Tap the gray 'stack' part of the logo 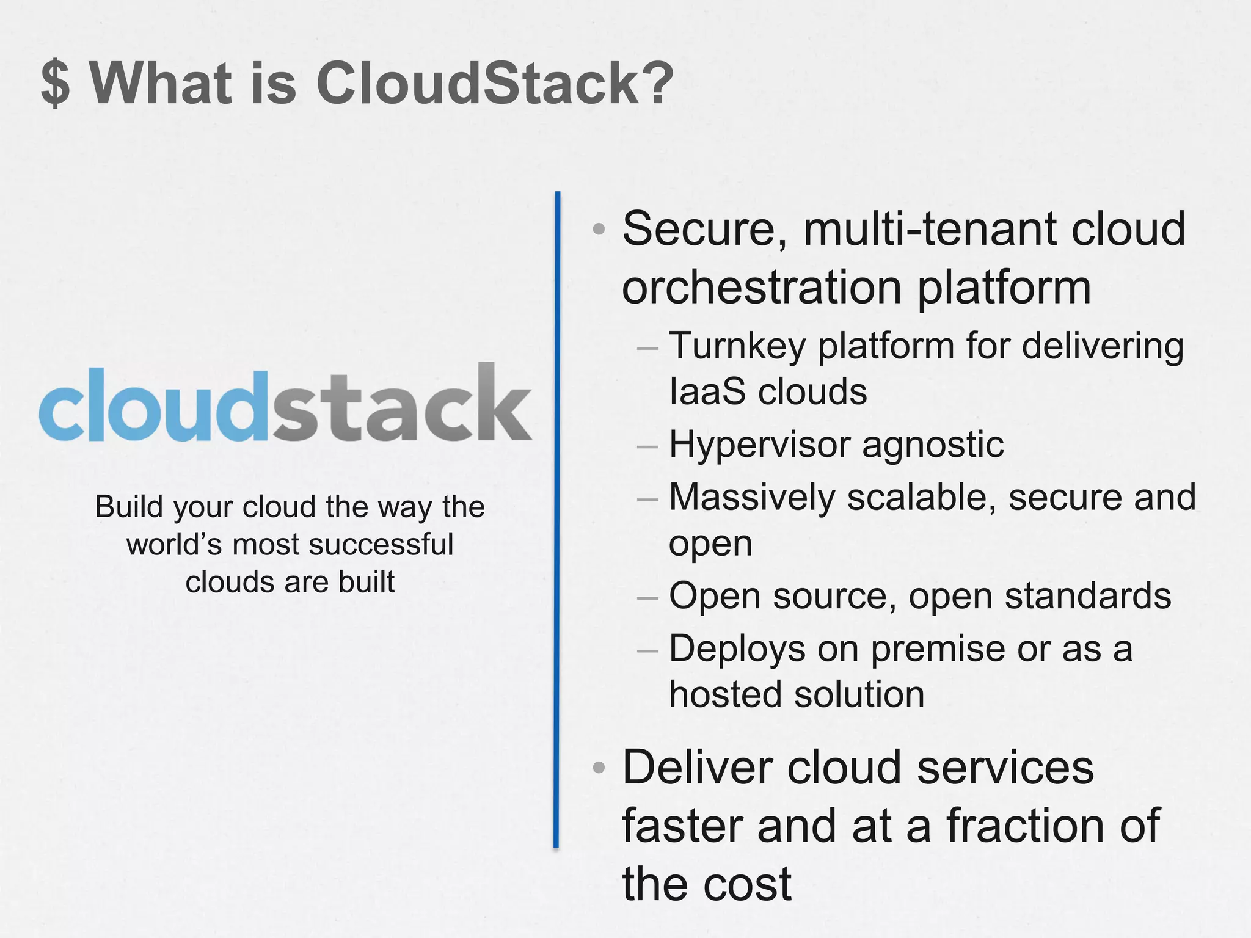(x=402, y=403)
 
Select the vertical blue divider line (x=557, y=519)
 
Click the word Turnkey (x=737, y=346)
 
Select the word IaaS (x=707, y=391)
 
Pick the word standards (x=1088, y=595)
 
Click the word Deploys (x=737, y=649)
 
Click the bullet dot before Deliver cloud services (x=599, y=767)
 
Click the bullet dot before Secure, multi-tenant (x=599, y=230)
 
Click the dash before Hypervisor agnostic (x=647, y=446)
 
